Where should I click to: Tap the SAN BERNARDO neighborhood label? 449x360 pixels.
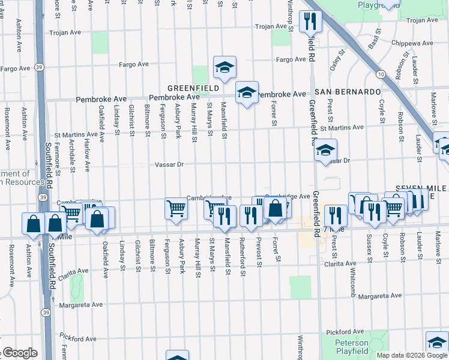click(x=348, y=92)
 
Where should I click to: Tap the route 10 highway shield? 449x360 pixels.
click(x=381, y=74)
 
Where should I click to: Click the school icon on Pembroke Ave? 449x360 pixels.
click(x=246, y=92)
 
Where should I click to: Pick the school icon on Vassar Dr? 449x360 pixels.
click(x=326, y=150)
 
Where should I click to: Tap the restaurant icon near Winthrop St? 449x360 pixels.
click(x=311, y=21)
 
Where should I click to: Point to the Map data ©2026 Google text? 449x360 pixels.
click(x=412, y=355)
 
